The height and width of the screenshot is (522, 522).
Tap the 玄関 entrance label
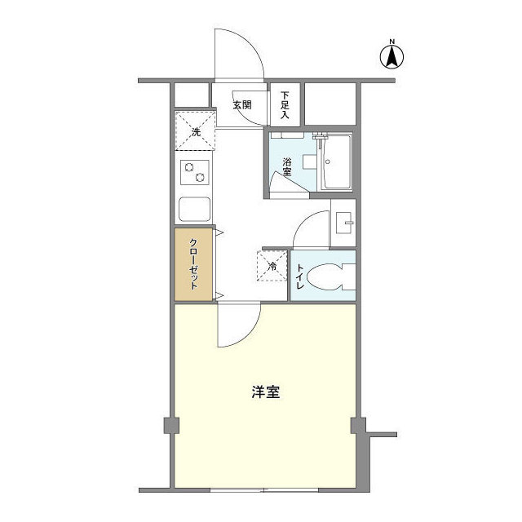241,104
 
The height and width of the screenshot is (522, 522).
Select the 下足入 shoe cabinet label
285,104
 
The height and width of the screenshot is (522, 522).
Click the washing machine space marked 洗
195,131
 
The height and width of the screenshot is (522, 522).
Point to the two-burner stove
195,173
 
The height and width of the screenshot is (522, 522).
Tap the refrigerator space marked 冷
272,265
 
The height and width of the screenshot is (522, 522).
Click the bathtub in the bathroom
335,162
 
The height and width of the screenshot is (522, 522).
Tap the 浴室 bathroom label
287,168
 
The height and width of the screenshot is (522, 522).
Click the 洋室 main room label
265,391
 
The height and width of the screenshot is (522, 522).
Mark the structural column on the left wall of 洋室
170,425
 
